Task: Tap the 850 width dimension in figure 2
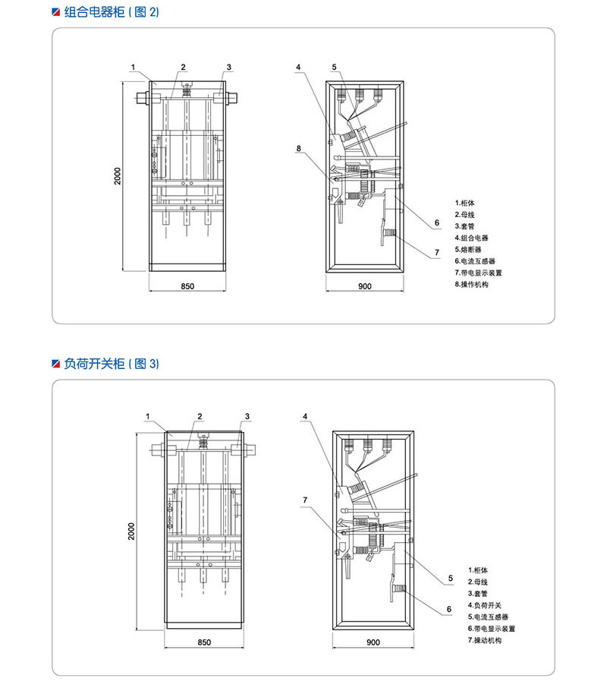[x=188, y=286]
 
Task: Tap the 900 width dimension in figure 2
[x=364, y=286]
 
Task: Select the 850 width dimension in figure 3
[x=203, y=642]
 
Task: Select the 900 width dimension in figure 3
[x=373, y=642]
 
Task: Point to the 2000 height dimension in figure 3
[x=131, y=532]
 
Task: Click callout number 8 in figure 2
[x=299, y=148]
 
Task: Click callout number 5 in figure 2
[x=334, y=67]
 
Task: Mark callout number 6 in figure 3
[x=448, y=608]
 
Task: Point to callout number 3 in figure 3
[x=247, y=416]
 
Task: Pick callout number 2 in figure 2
[x=184, y=67]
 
